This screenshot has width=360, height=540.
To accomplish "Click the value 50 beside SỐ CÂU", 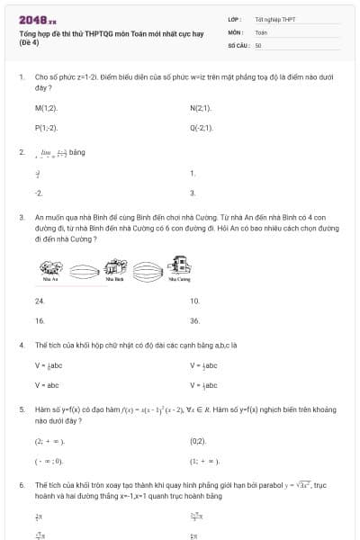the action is pos(258,44).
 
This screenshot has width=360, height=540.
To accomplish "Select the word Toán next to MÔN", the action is pos(261,31).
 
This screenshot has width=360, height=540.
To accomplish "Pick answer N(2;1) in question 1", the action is pos(201,108).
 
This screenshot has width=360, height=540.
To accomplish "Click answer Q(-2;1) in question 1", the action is pos(202,128).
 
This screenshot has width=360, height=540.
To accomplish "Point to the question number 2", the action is pos(21,152).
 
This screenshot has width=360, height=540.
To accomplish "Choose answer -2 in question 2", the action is pos(39,193).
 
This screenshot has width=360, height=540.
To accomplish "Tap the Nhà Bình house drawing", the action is pos(114,266).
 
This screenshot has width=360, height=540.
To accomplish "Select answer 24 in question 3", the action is pos(40,301).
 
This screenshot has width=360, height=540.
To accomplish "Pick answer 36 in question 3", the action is pos(194,320).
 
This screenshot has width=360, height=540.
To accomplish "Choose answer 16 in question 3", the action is pos(40,320).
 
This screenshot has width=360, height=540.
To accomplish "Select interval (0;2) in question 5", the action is pos(198,441).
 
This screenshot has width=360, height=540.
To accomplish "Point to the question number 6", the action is pos(21,484).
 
